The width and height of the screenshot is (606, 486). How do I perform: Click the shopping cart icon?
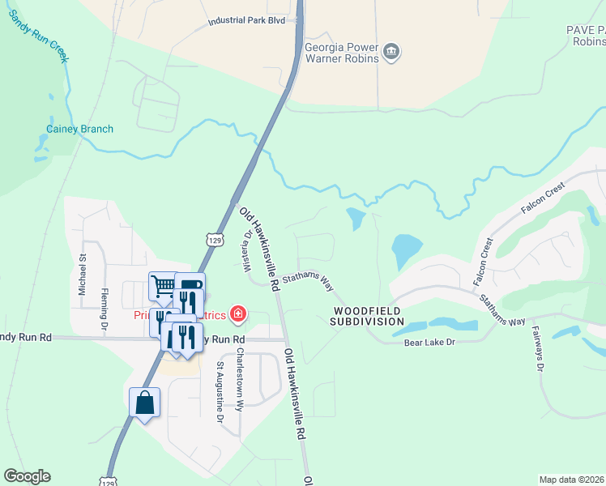coord(163,285)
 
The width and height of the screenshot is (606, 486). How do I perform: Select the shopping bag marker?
coord(144,402)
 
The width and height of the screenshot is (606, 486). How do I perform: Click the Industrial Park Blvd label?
coord(246,21)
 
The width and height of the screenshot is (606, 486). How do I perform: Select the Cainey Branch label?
coord(79,129)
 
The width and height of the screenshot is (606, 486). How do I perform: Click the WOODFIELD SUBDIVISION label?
coord(367,316)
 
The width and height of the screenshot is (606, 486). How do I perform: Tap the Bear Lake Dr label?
coord(430,343)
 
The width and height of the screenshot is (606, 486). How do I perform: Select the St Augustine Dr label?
coord(220,392)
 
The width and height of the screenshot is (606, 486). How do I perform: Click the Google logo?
coord(27,476)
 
